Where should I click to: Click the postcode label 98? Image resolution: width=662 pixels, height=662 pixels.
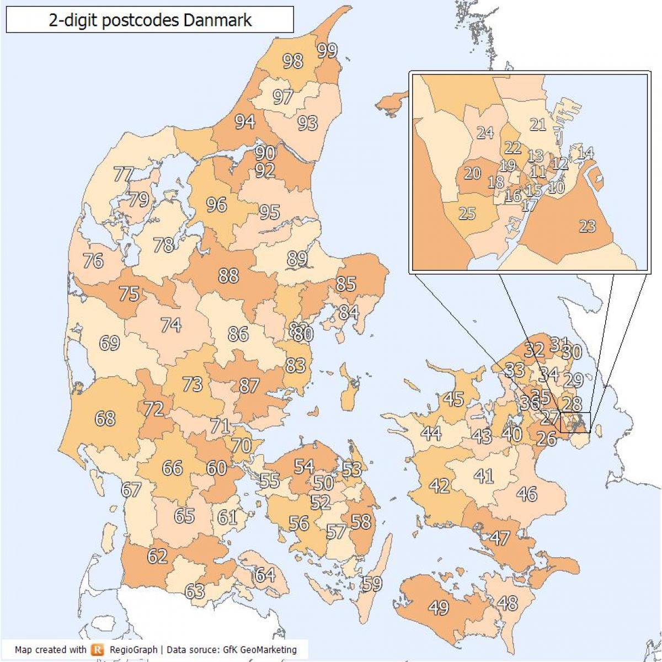click(293, 61)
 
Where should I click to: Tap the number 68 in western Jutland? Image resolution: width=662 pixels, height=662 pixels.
click(105, 418)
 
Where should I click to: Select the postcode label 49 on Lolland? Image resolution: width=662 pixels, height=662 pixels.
click(439, 607)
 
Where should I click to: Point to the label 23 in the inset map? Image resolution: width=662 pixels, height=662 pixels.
click(587, 226)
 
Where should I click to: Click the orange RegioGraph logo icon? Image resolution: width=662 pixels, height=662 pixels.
click(98, 649)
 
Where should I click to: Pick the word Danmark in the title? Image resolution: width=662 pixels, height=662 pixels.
click(217, 20)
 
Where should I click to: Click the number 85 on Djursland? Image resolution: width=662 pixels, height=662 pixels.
click(346, 284)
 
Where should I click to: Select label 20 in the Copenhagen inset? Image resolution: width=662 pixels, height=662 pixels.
click(472, 173)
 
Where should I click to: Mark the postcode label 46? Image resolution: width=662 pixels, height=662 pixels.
click(527, 494)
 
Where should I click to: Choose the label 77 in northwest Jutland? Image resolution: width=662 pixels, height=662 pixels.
click(123, 174)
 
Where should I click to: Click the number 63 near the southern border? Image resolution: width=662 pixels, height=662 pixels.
click(195, 591)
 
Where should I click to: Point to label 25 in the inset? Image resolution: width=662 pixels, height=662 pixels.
click(467, 213)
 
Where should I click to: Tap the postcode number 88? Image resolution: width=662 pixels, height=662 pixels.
click(228, 275)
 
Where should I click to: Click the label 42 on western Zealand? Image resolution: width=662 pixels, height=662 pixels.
click(440, 486)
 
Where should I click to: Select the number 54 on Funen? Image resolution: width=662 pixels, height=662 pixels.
click(303, 467)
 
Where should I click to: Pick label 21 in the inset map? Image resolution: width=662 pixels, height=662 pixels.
click(537, 125)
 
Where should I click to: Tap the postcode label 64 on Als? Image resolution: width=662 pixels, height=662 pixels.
click(265, 575)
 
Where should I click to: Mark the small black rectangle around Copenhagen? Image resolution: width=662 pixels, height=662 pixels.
click(575, 422)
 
